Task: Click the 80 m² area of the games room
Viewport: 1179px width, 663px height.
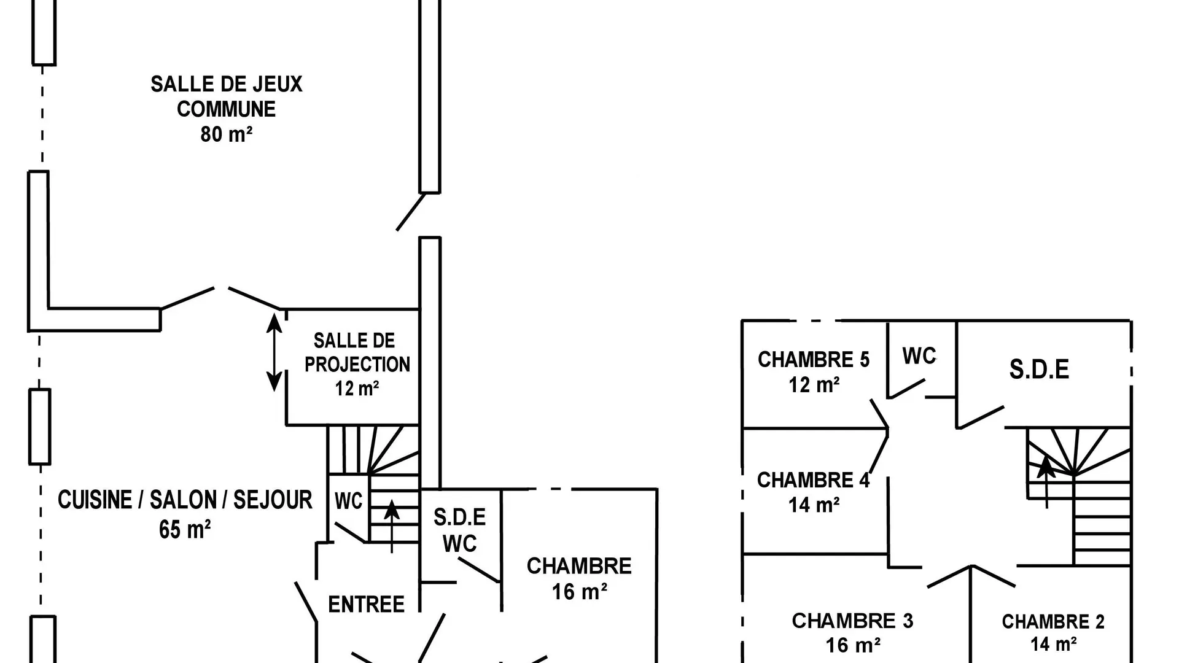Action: pos(227,134)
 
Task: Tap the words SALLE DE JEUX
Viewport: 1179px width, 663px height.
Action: pos(227,84)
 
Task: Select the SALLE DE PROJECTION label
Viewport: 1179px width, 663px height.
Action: pos(357,352)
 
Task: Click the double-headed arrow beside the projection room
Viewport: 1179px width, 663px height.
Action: pos(274,352)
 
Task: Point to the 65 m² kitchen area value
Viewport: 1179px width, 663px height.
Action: pos(185,529)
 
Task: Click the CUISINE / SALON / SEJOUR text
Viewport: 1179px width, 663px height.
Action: pos(185,500)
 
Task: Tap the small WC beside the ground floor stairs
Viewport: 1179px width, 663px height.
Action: pos(348,501)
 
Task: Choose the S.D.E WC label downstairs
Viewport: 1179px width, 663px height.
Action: pos(459,530)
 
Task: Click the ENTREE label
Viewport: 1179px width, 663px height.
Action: pos(366,605)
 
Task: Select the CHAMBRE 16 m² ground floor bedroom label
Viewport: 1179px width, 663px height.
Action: pos(579,578)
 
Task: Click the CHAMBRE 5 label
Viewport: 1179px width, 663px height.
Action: pos(814,360)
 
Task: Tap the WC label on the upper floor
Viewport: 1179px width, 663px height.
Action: pos(919,356)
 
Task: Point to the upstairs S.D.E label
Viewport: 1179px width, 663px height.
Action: pos(1039,369)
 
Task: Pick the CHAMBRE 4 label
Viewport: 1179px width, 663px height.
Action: pos(814,480)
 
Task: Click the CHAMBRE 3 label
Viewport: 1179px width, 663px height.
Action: pos(852,621)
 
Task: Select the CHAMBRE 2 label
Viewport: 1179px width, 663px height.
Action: pos(1053,622)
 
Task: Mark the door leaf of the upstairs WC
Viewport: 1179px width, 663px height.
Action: pos(906,389)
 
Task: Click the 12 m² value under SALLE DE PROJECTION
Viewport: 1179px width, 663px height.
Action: pos(357,389)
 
